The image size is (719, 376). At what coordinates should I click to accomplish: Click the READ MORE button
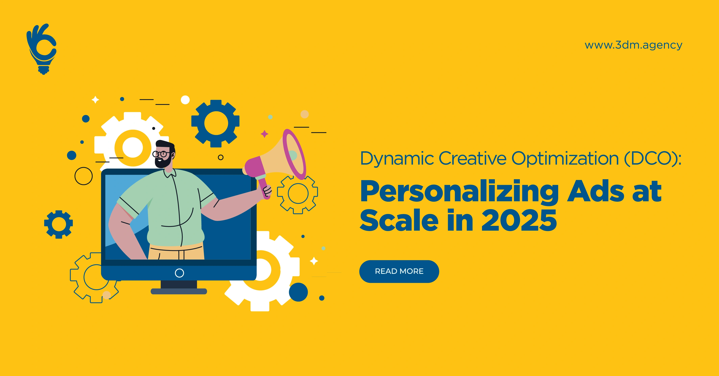pyautogui.click(x=399, y=271)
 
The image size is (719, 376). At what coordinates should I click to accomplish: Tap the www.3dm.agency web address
pyautogui.click(x=633, y=45)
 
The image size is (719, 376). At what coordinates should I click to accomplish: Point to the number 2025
pyautogui.click(x=519, y=221)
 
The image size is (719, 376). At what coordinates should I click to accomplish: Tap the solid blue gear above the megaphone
pyautogui.click(x=215, y=123)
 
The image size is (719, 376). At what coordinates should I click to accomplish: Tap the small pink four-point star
pyautogui.click(x=265, y=134)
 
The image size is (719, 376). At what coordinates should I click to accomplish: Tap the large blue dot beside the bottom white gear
pyautogui.click(x=298, y=292)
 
